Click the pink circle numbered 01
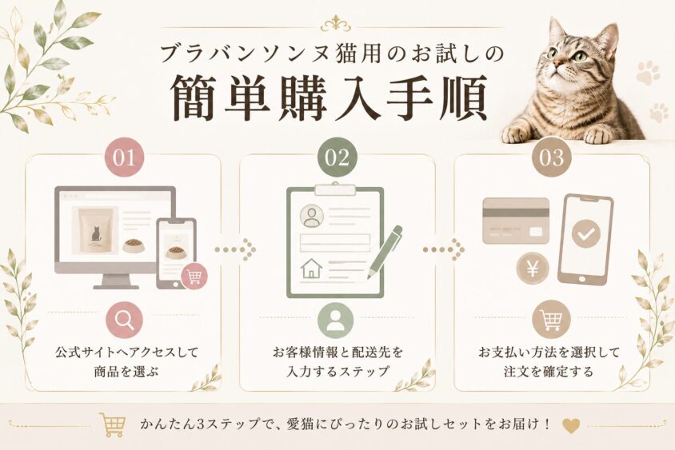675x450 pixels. [x=125, y=157]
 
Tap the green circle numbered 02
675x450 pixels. [x=337, y=157]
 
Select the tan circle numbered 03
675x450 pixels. [x=551, y=157]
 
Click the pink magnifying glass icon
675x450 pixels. [x=125, y=320]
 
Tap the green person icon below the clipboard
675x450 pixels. [x=335, y=320]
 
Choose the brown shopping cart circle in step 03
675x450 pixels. [x=551, y=319]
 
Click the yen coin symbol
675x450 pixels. [x=533, y=269]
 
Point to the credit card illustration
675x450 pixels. [x=516, y=221]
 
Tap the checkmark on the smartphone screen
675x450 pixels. [x=586, y=233]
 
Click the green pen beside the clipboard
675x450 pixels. [x=385, y=252]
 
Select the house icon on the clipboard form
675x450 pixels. [x=311, y=268]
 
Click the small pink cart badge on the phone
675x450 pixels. [x=194, y=277]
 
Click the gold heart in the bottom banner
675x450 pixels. [x=571, y=425]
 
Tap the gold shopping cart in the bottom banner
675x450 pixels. [x=113, y=424]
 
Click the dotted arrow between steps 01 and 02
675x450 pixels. [x=235, y=249]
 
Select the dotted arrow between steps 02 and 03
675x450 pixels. [x=443, y=249]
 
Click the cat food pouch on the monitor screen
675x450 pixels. [x=96, y=230]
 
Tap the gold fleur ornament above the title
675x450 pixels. [x=336, y=24]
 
